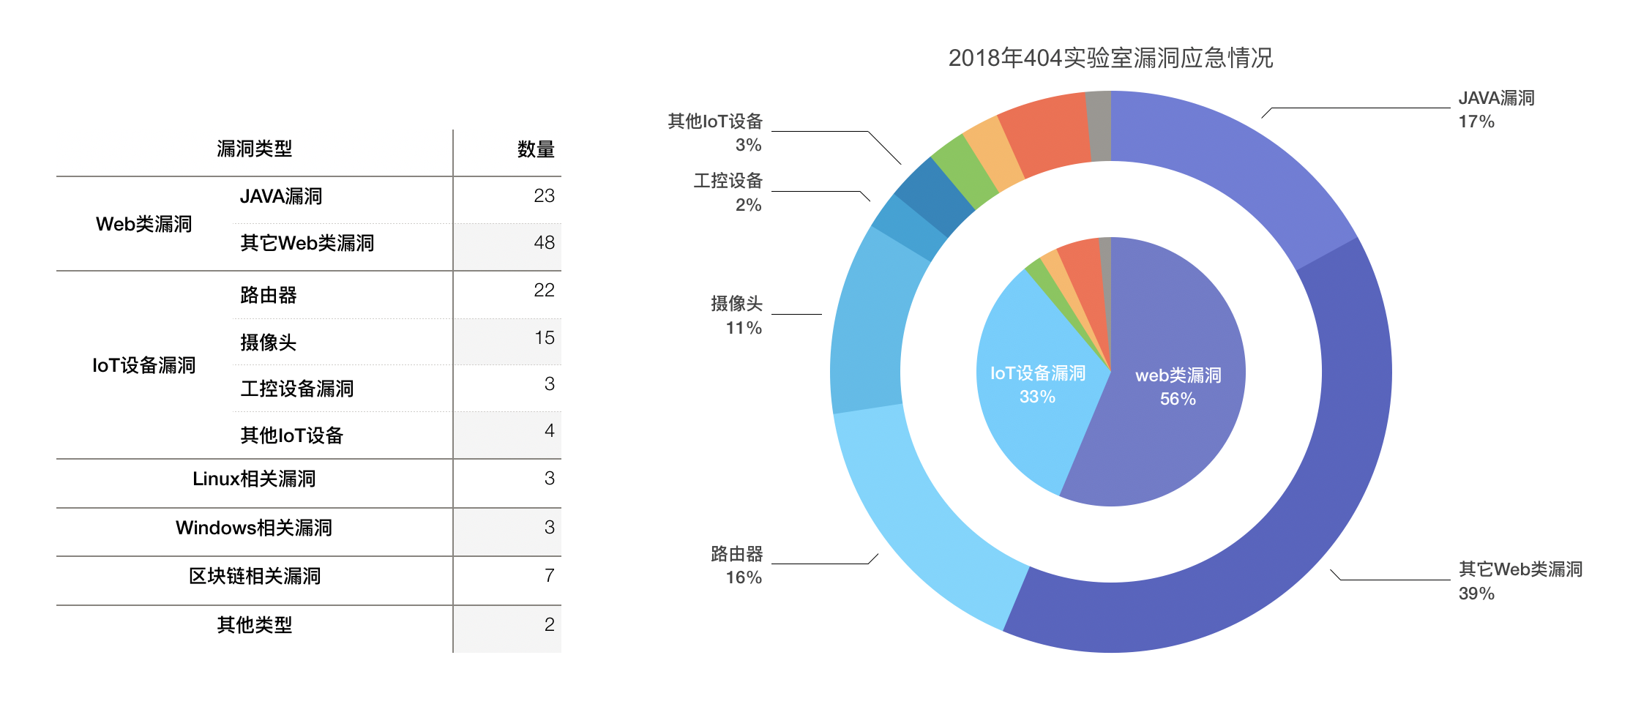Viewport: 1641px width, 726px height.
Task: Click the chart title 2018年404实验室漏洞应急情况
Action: (x=1110, y=58)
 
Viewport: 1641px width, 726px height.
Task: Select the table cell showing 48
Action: (x=544, y=243)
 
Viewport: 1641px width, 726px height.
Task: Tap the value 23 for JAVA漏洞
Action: (x=544, y=196)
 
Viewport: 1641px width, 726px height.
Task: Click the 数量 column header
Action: (x=535, y=149)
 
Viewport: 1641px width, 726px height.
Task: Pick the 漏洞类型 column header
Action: (x=254, y=149)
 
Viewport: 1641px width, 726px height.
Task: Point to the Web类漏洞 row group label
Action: (x=143, y=224)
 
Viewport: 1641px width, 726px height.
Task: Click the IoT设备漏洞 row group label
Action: (x=143, y=365)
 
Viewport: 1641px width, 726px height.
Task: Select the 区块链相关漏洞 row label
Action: (x=254, y=577)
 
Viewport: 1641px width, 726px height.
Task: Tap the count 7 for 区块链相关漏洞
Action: (x=549, y=576)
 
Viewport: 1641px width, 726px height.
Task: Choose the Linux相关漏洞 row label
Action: (x=254, y=479)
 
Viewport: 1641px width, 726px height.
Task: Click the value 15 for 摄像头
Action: (x=544, y=338)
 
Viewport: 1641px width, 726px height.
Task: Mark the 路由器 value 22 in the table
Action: (x=544, y=291)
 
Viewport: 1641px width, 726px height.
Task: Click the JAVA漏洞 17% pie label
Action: (x=1495, y=110)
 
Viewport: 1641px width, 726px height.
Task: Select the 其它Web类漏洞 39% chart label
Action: (x=1519, y=581)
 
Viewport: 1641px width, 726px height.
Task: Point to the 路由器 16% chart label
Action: (x=736, y=565)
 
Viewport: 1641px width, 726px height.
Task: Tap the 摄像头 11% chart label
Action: (x=736, y=315)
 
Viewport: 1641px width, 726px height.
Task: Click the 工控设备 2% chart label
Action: (x=728, y=192)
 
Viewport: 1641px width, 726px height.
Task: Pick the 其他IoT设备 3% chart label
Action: (x=715, y=132)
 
